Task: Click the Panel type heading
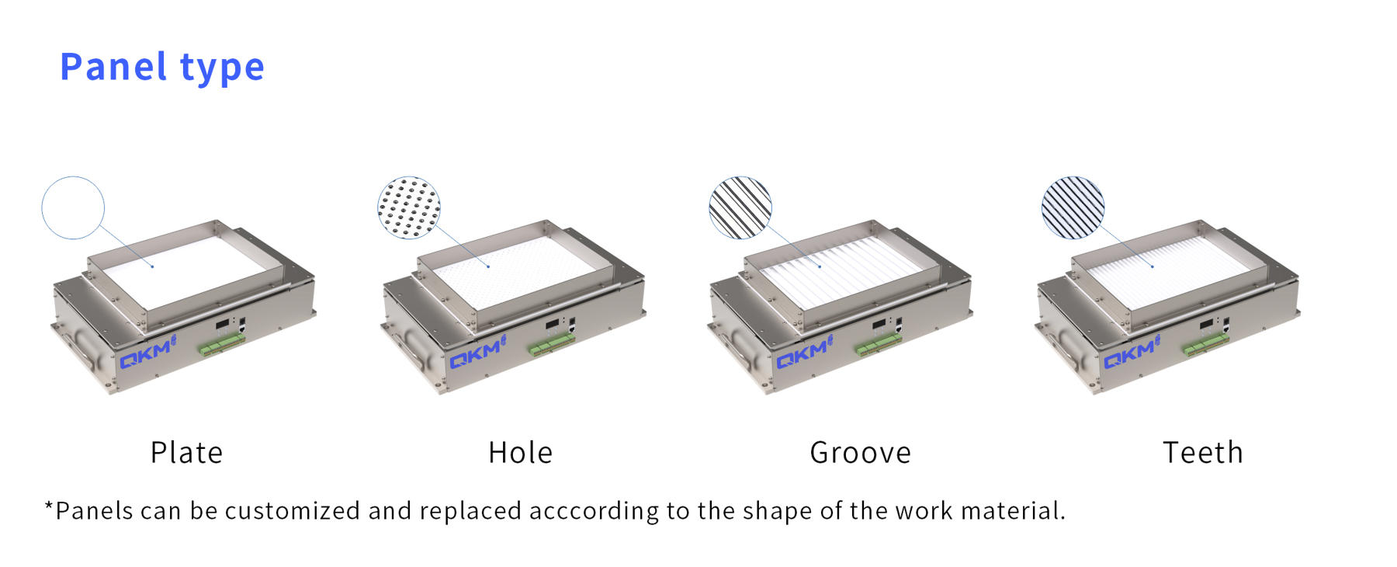pyautogui.click(x=162, y=68)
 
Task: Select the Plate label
pyautogui.click(x=186, y=452)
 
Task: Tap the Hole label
pyautogui.click(x=521, y=452)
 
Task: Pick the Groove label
pyautogui.click(x=861, y=452)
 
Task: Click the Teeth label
pyautogui.click(x=1203, y=452)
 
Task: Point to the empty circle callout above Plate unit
pyautogui.click(x=73, y=177)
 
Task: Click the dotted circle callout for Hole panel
pyautogui.click(x=409, y=207)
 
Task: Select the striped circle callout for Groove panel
pyautogui.click(x=740, y=207)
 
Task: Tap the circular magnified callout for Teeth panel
pyautogui.click(x=1073, y=207)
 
